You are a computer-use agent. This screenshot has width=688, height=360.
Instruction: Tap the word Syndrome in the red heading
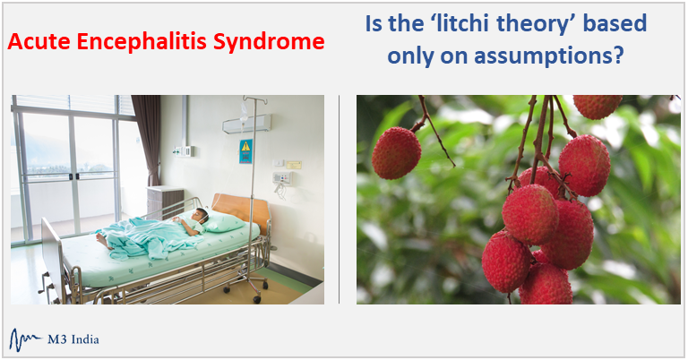click(269, 42)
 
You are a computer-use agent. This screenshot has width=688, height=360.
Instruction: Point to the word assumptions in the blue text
click(549, 57)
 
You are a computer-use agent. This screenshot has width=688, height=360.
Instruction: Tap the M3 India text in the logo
click(73, 339)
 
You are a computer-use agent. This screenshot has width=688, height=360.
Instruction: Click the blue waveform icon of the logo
click(24, 339)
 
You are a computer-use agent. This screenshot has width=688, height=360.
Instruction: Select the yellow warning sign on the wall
click(245, 151)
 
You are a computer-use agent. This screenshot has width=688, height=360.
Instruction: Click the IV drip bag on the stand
click(244, 113)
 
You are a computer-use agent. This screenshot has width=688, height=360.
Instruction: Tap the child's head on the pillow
click(201, 215)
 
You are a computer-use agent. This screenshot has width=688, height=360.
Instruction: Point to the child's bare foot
click(103, 241)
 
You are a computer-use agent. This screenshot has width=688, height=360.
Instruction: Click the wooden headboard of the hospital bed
click(241, 210)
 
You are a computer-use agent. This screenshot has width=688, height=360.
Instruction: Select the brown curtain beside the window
click(147, 141)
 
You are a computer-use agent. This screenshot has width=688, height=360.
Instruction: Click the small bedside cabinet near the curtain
click(165, 202)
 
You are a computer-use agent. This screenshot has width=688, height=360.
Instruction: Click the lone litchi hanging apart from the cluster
click(396, 153)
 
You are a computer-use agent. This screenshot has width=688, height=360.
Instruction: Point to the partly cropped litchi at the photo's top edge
click(598, 107)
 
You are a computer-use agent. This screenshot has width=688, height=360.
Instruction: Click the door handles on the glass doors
click(73, 176)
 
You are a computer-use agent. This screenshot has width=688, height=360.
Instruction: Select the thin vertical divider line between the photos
click(340, 199)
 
